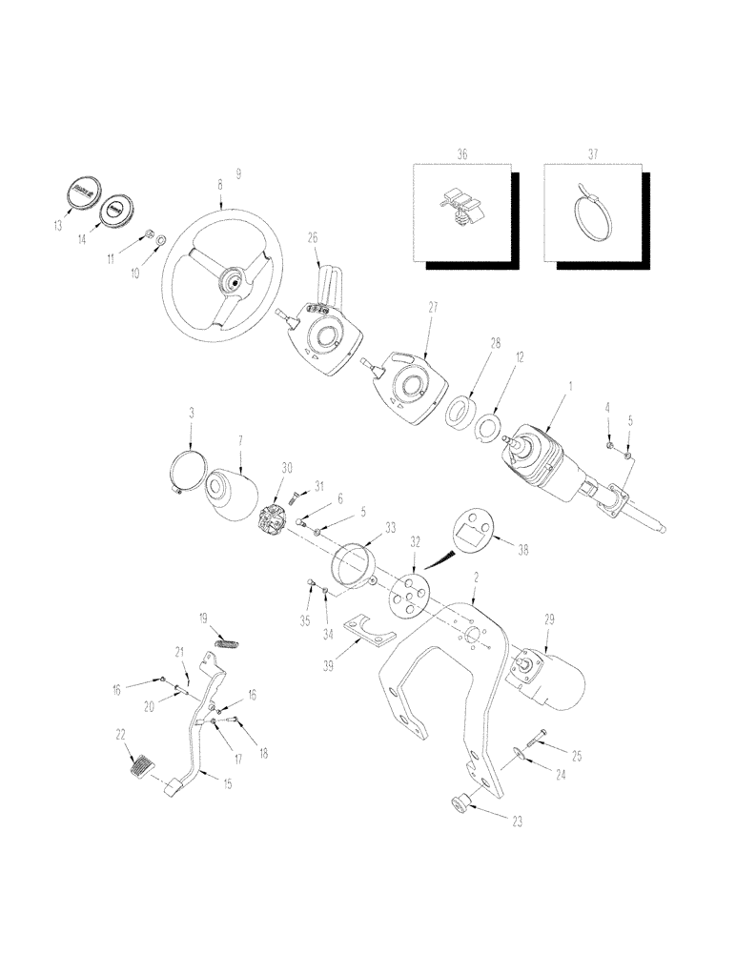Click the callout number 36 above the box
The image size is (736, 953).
tap(461, 154)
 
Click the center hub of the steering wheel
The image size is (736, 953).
tap(232, 280)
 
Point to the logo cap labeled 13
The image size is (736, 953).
tap(81, 193)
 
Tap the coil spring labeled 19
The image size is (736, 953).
tap(225, 643)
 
